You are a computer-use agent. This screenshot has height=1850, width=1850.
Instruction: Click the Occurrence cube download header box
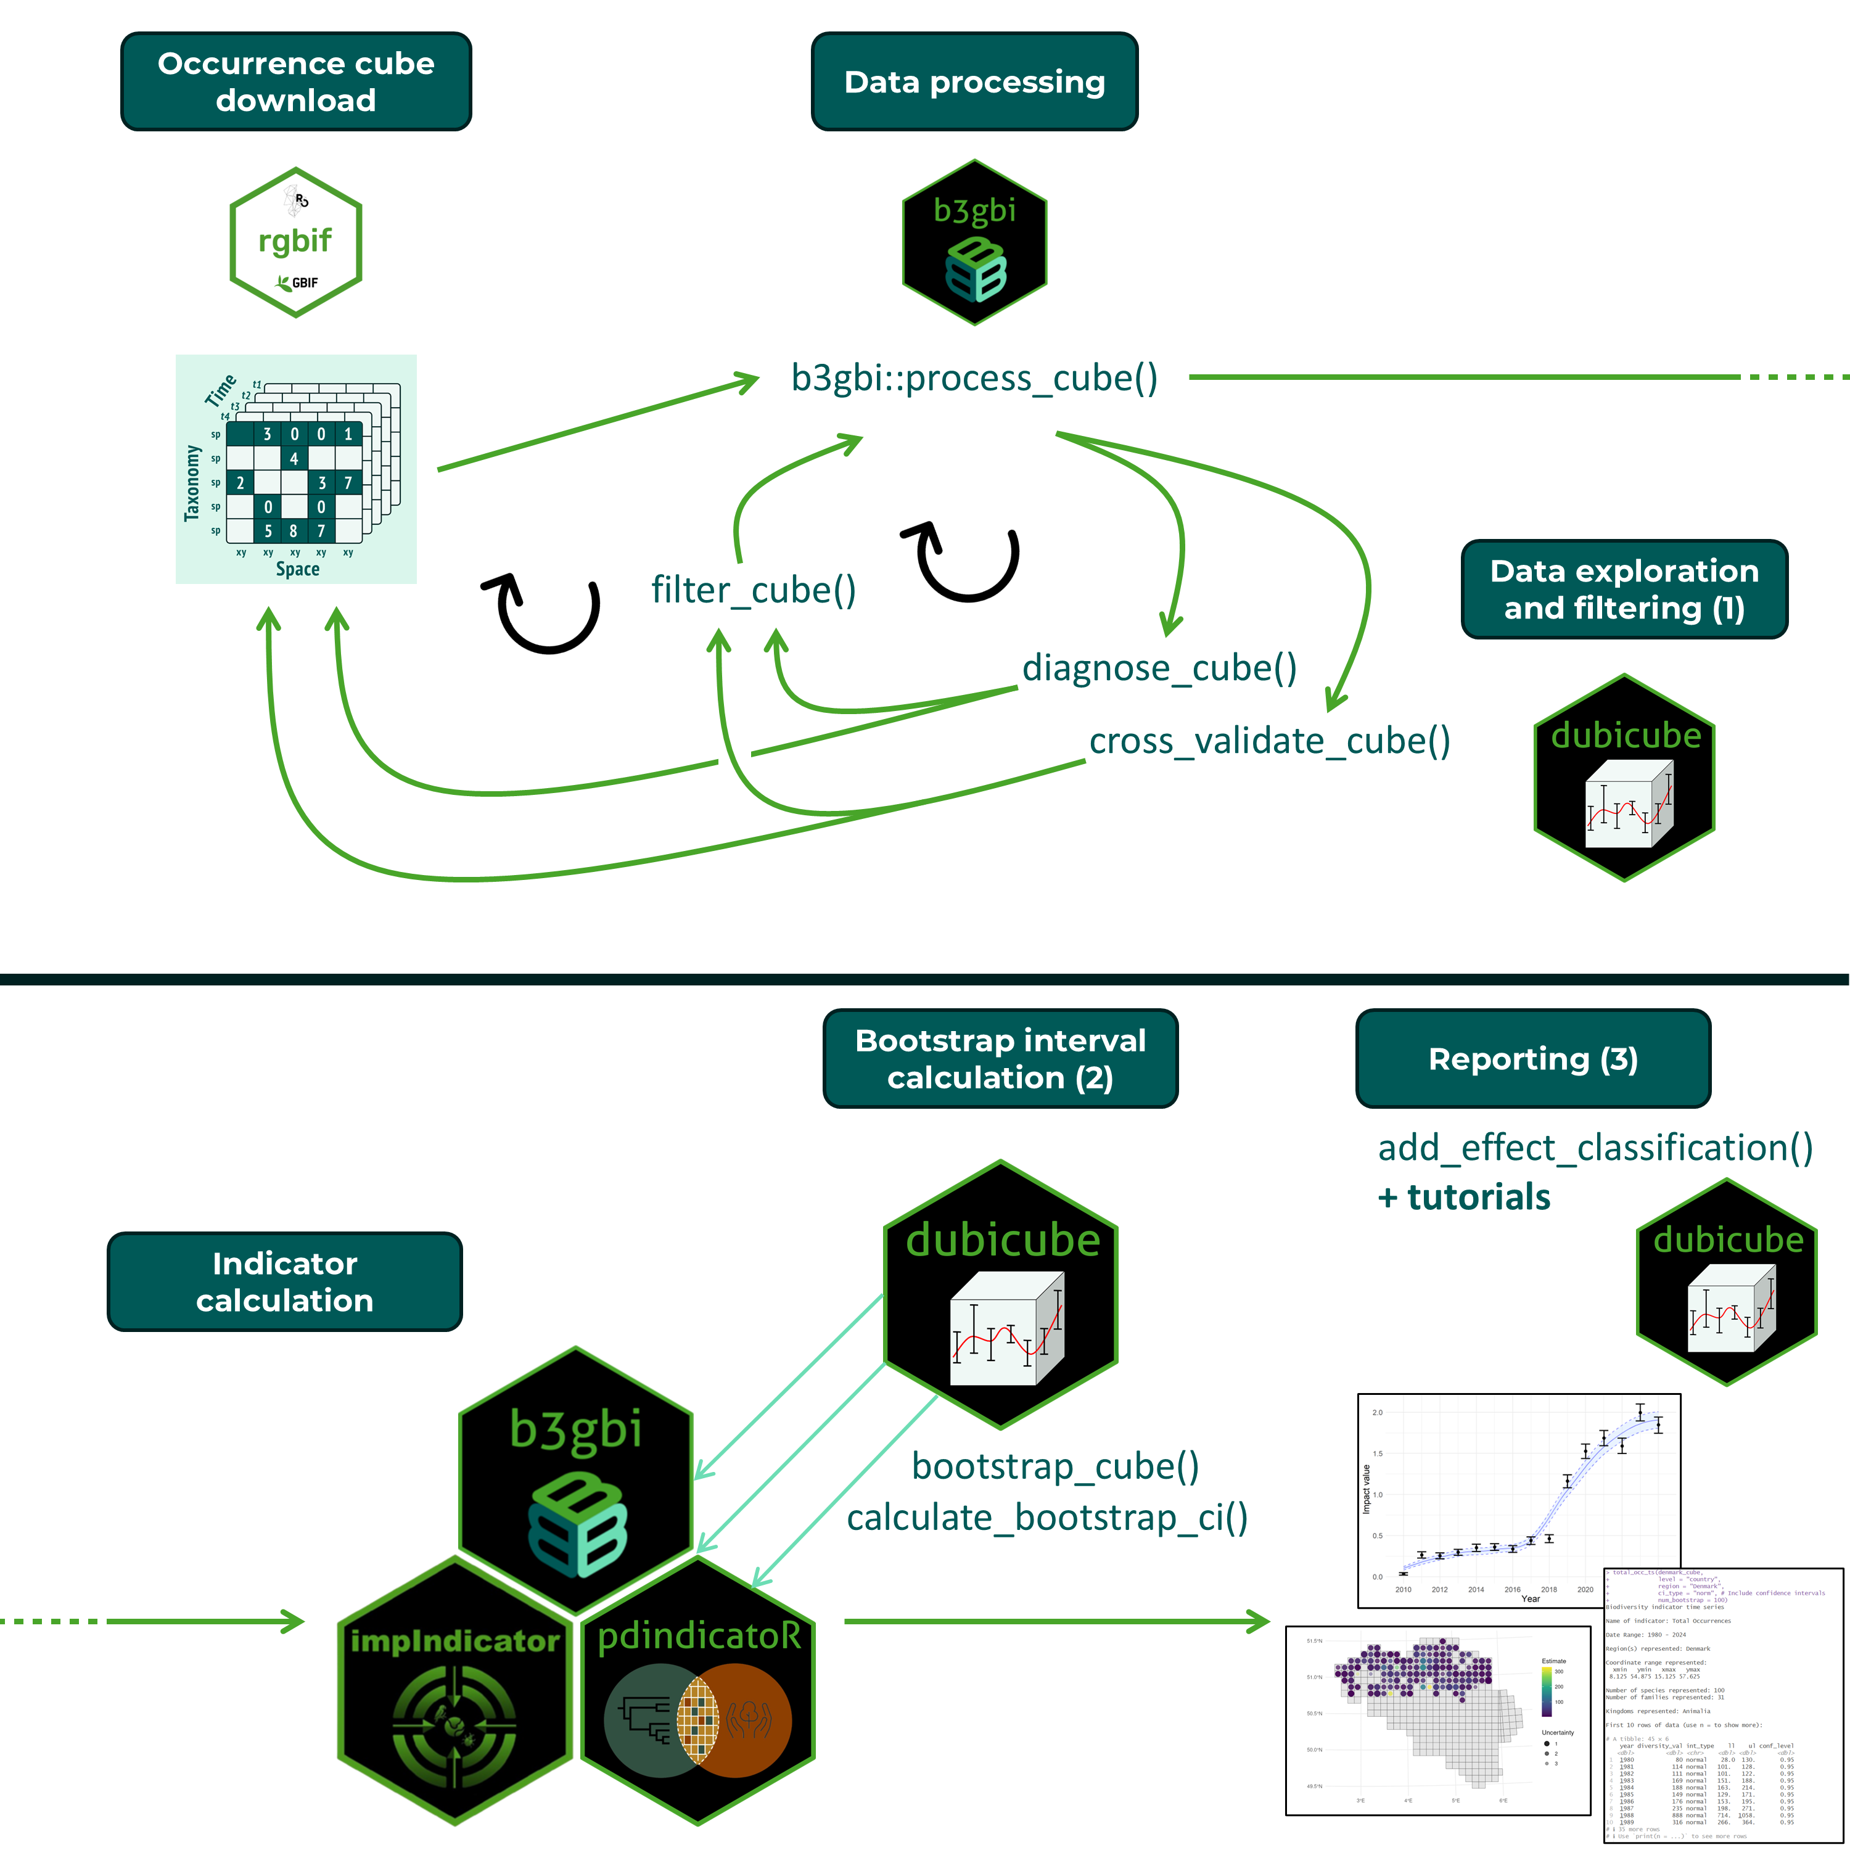point(296,81)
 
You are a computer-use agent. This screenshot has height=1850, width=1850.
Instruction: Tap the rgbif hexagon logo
point(296,242)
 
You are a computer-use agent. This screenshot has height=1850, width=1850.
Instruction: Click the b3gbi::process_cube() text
point(974,378)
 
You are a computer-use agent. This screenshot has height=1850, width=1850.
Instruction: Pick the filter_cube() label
point(754,590)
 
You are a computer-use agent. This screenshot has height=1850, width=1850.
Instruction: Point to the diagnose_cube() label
point(1159,667)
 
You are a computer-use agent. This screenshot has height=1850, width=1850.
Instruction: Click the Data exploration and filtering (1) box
point(1624,589)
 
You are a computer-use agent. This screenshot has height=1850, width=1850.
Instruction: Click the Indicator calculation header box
point(284,1281)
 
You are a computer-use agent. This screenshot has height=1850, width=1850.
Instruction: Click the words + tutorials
point(1464,1197)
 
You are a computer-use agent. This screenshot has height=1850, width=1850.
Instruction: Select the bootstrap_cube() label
point(1055,1466)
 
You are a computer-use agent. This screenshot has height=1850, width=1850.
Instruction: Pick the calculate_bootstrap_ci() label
point(1048,1518)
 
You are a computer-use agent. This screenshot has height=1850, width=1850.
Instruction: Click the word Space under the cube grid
point(298,569)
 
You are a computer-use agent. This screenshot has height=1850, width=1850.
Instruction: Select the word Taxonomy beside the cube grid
point(192,483)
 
